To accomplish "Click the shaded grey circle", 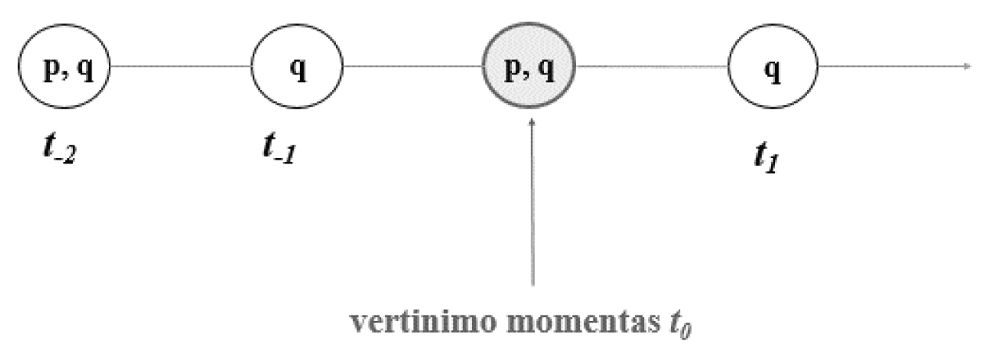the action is (528, 65).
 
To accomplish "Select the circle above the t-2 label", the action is (64, 66).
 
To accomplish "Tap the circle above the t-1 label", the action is (297, 66).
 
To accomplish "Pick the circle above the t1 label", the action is (773, 66).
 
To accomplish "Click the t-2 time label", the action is (60, 148).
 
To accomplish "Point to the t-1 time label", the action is (279, 148).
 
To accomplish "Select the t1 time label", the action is (766, 157).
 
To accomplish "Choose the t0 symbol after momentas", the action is (680, 325).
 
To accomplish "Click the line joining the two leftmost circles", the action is (181, 67).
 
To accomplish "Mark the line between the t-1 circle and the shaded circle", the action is (413, 67).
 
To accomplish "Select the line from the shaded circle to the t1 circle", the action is (651, 67).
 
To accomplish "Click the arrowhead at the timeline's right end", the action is (968, 67).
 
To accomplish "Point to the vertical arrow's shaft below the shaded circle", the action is (532, 207).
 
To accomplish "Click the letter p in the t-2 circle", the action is (52, 70).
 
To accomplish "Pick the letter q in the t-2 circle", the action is (85, 70).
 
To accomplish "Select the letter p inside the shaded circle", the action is (513, 70).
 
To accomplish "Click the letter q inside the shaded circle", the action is (546, 70).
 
